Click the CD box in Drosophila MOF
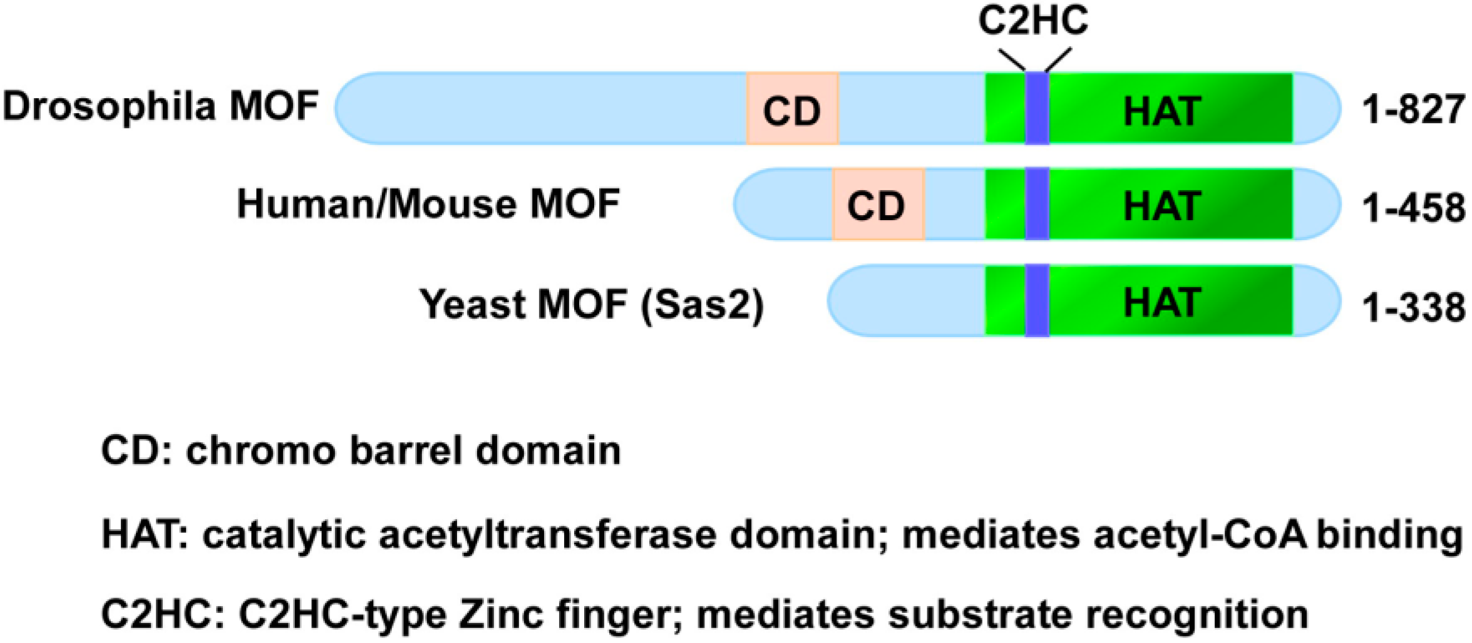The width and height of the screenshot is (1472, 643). (792, 109)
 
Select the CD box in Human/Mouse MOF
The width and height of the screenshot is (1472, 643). (878, 205)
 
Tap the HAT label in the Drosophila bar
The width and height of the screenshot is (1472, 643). (1162, 111)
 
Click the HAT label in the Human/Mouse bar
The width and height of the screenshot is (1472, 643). (1162, 206)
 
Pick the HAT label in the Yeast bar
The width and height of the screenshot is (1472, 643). (1162, 303)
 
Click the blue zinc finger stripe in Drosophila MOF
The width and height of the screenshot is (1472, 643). (1037, 108)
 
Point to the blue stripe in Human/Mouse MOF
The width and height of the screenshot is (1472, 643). (1037, 204)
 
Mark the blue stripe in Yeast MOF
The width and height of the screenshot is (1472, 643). (1037, 301)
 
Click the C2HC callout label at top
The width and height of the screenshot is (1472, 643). (1033, 21)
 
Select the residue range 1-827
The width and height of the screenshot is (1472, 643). (1413, 109)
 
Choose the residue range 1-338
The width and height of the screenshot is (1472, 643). (1413, 307)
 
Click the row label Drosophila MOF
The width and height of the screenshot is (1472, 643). (160, 106)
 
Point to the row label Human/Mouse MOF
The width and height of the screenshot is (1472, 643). (428, 204)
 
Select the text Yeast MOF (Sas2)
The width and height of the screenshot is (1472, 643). (592, 305)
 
